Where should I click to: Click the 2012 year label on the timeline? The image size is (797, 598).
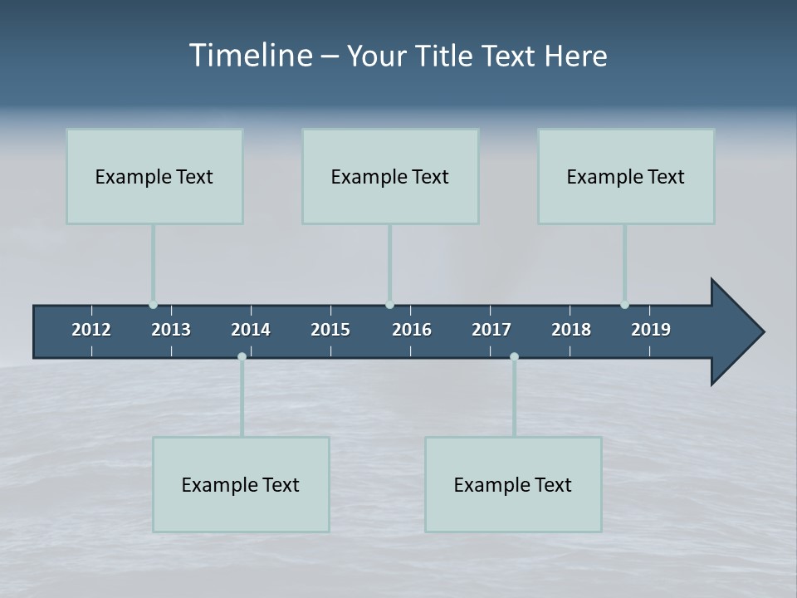click(x=91, y=330)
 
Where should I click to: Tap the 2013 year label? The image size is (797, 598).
click(x=171, y=330)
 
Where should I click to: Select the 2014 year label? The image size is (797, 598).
click(x=251, y=330)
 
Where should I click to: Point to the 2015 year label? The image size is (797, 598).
click(x=330, y=330)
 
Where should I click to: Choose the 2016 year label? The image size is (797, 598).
click(x=412, y=330)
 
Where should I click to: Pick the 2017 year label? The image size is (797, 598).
click(x=491, y=330)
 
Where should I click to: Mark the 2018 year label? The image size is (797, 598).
click(x=571, y=330)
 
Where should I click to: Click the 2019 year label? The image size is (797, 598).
click(x=651, y=330)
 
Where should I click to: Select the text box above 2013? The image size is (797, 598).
click(x=154, y=176)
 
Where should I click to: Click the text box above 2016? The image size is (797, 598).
click(x=390, y=176)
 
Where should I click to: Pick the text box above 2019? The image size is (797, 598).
click(x=626, y=176)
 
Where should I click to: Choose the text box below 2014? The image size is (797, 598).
click(x=241, y=484)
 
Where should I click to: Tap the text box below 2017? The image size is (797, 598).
click(x=513, y=484)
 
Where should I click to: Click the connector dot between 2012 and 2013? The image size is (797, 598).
click(x=153, y=305)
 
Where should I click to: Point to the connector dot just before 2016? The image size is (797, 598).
click(x=390, y=305)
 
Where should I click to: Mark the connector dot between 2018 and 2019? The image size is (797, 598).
click(x=624, y=305)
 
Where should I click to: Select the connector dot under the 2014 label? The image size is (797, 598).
click(x=242, y=356)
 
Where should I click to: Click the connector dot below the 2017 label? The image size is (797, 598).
click(x=514, y=356)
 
